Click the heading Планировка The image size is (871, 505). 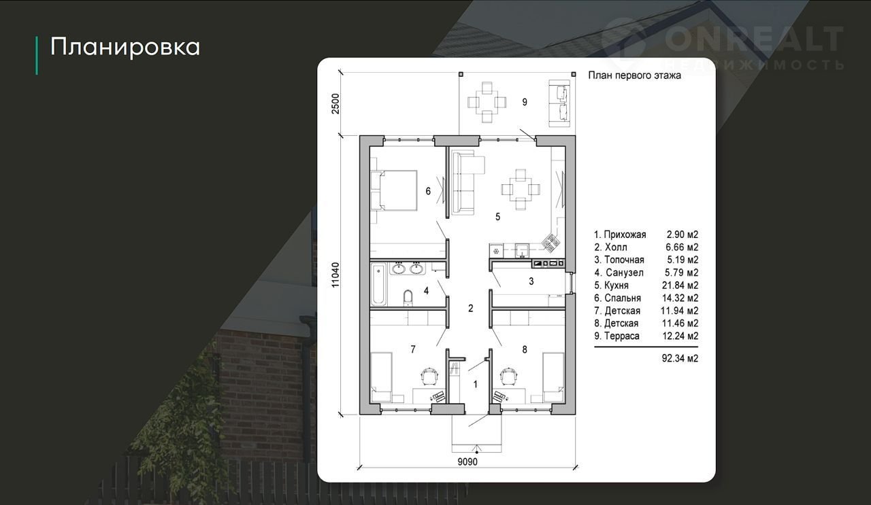tap(125, 47)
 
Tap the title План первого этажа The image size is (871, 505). tap(634, 75)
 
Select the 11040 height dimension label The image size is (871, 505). tap(335, 275)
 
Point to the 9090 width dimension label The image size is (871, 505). tap(467, 462)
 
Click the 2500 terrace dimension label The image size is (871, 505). tap(335, 104)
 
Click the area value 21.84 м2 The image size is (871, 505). tap(680, 285)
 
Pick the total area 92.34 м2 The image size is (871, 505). tap(680, 358)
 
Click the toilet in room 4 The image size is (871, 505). tap(408, 297)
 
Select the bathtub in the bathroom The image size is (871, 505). tap(378, 284)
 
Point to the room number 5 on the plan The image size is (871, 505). tap(497, 217)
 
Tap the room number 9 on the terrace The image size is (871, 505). tap(525, 102)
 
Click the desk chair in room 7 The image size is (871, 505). tap(429, 376)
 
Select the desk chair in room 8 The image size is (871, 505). tap(508, 376)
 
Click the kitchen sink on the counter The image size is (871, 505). tap(522, 251)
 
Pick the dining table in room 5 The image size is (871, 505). tap(521, 190)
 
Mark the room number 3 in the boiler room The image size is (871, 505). tap(531, 281)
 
